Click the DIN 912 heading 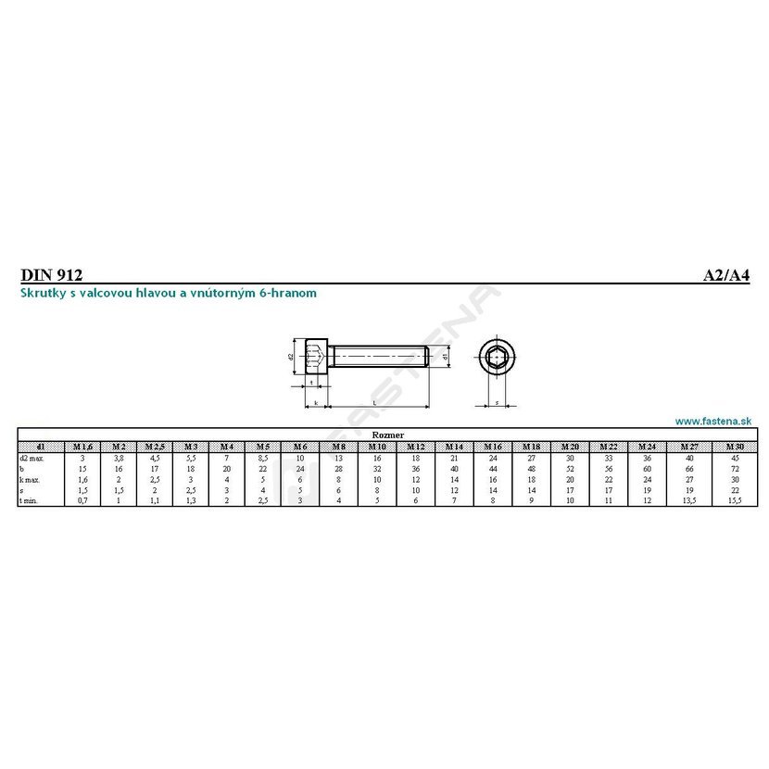click(51, 274)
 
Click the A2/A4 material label click(725, 274)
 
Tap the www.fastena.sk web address click(712, 421)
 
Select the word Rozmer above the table click(385, 434)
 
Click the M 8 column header click(340, 446)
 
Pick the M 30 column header click(735, 446)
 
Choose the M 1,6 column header click(82, 446)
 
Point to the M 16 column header click(493, 446)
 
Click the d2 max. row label click(32, 458)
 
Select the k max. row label click(31, 479)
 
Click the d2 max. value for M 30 click(735, 458)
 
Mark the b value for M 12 click(416, 469)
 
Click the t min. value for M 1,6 click(82, 501)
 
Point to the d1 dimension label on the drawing click(446, 355)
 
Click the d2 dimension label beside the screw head click(290, 356)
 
